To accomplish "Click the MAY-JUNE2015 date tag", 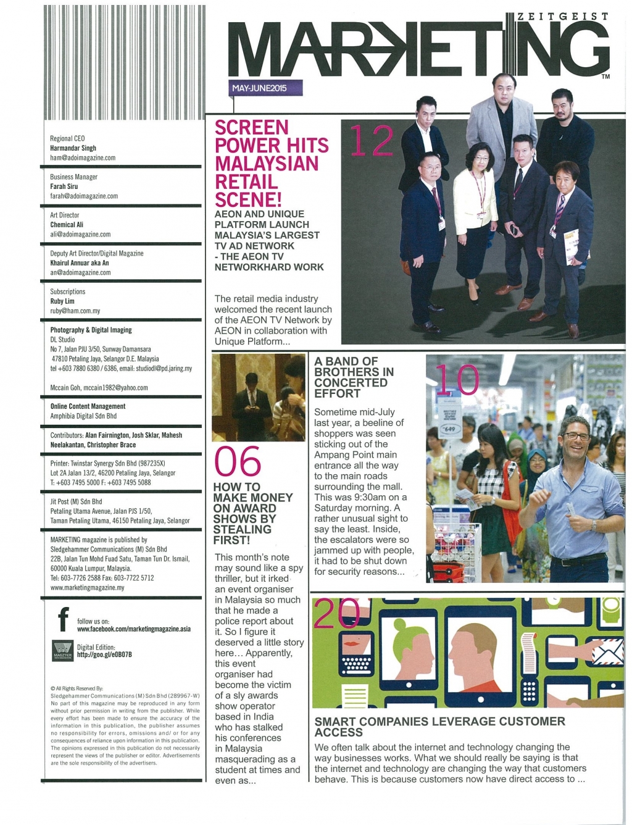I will (x=259, y=88).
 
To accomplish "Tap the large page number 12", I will (x=372, y=141).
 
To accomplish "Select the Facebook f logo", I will (x=63, y=619).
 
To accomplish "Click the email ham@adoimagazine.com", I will (x=83, y=158).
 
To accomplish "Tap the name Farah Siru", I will (x=64, y=186).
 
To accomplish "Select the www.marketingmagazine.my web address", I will (x=87, y=587).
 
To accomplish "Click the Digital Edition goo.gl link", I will (x=104, y=655).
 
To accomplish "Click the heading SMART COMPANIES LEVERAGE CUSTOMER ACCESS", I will (x=439, y=726).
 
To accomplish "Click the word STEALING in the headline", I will (x=242, y=529).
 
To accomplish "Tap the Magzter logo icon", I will (x=62, y=650).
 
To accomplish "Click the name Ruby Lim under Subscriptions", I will (x=62, y=301).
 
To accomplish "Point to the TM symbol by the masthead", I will (x=605, y=77).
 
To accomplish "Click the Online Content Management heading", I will (x=88, y=406).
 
